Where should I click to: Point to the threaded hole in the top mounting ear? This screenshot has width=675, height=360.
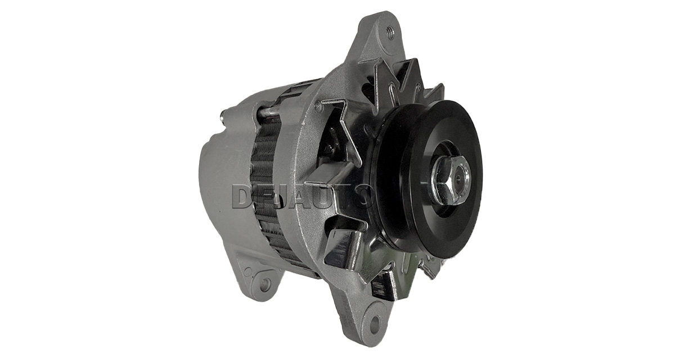390,33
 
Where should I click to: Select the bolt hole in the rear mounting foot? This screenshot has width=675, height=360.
265,283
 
